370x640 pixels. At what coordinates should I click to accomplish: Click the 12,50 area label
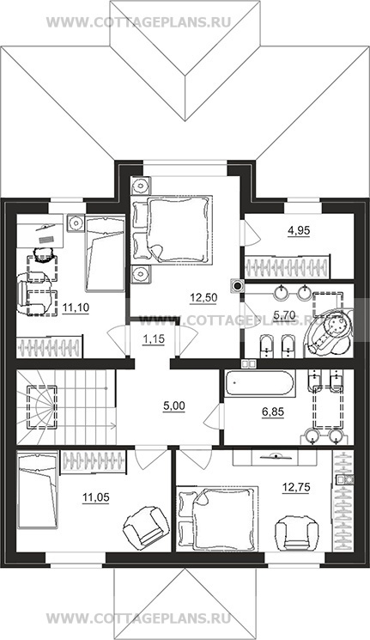coord(203,297)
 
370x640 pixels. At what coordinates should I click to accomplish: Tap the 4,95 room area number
coord(299,230)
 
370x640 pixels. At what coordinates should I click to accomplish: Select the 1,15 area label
coord(154,339)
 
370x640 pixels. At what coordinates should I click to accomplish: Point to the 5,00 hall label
coord(173,405)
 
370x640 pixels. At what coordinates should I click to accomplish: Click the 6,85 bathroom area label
coord(272,412)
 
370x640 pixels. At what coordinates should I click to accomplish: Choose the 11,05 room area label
coord(96,497)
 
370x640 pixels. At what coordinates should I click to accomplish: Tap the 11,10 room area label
coord(76,307)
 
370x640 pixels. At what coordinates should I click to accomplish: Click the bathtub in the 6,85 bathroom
coord(258,383)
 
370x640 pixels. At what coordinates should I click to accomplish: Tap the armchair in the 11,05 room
coord(145,526)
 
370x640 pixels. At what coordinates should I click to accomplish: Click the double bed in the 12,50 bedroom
coord(172,229)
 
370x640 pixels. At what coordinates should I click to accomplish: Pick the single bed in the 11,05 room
coord(37,491)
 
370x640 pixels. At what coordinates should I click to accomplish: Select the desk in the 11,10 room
coord(40,230)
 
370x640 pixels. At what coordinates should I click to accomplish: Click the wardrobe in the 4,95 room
coord(287,267)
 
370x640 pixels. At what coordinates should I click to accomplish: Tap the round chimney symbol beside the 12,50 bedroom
coord(237,285)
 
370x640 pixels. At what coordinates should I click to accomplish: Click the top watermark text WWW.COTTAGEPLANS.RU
coord(139,21)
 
